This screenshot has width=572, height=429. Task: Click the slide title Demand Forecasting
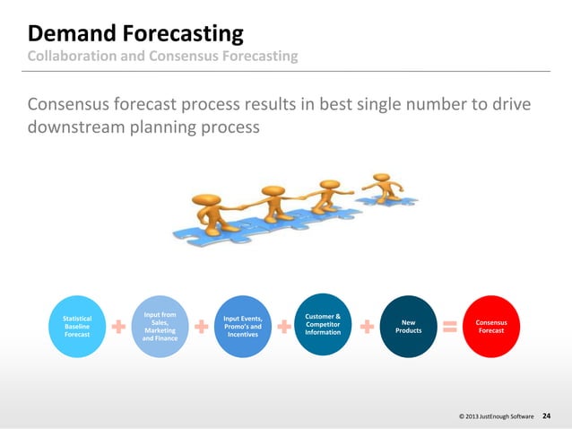(135, 34)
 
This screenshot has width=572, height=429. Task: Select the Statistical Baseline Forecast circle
(76, 327)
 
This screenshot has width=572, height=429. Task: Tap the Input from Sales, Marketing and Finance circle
(159, 327)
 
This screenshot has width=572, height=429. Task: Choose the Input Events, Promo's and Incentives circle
(242, 327)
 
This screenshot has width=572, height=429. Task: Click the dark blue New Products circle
(408, 327)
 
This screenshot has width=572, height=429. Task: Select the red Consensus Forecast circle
(490, 327)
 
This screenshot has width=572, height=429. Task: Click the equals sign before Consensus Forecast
(450, 327)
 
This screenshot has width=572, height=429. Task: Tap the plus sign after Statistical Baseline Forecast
(117, 328)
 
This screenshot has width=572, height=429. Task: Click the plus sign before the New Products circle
(367, 328)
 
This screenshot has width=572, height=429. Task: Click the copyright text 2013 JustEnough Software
(496, 417)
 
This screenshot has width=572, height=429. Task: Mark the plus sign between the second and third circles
(200, 328)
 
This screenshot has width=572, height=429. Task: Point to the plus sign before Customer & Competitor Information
(283, 328)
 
